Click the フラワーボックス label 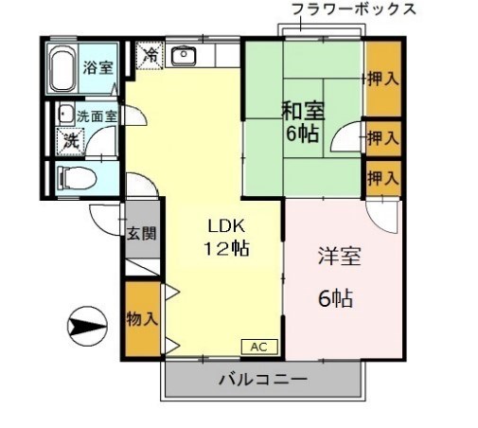tap(354, 9)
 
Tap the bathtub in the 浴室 tap(64, 66)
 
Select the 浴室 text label tap(97, 68)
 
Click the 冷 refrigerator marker tap(150, 55)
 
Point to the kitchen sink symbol tap(185, 55)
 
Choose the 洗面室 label tap(97, 116)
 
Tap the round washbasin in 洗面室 tap(65, 115)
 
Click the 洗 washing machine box tap(72, 141)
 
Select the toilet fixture tap(76, 177)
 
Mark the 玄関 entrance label tap(141, 234)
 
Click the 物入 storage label tap(141, 318)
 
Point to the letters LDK tap(226, 227)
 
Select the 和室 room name tap(302, 111)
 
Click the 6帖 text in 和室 tap(303, 133)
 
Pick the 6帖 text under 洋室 tap(335, 298)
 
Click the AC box tap(260, 348)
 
